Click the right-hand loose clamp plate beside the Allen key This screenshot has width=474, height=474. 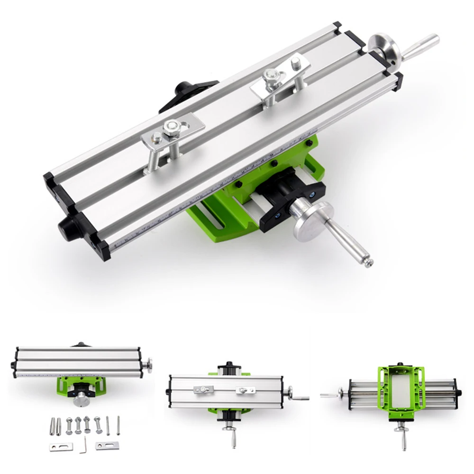[x=107, y=445]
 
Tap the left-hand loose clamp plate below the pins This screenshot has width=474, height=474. [x=61, y=447]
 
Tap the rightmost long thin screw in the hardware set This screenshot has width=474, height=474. [x=118, y=425]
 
